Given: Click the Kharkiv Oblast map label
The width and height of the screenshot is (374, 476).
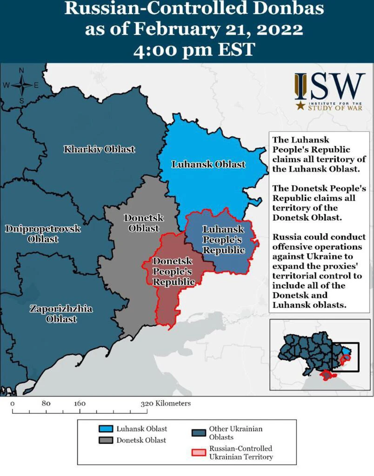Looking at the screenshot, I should pos(100,149).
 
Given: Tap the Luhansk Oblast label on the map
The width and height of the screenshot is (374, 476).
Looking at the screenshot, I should pos(208,164).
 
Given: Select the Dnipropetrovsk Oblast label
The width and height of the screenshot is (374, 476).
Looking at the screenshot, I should pos(43,234).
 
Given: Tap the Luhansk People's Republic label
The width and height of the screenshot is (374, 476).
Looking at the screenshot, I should pos(224,240).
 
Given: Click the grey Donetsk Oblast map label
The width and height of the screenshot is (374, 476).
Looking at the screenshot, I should pos(141,223).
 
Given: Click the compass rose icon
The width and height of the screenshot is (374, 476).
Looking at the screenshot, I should pos(21,85).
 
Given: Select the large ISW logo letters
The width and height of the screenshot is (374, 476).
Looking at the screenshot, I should pos(330,86).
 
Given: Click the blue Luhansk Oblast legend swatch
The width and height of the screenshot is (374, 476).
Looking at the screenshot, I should pos(107,429).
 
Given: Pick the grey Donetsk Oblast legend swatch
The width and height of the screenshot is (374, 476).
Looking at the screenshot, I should pos(107,440).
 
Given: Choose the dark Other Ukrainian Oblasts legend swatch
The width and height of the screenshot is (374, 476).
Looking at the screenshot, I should pos(199,433).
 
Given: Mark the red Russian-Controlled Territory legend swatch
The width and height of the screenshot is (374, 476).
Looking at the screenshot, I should pos(199,452).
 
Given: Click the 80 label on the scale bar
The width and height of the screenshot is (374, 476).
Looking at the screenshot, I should pos(46,403).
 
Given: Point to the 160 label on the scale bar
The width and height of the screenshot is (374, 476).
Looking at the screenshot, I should pos(80,403).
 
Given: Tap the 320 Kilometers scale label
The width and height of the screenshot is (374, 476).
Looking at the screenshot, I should pos(166,403).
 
